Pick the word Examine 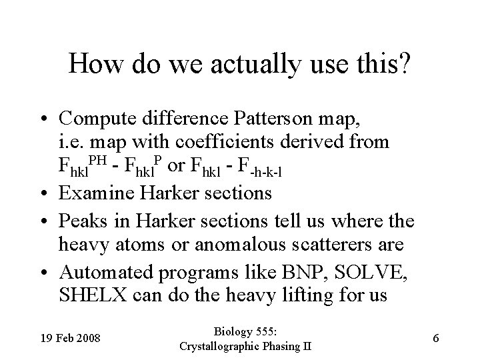pyautogui.click(x=94, y=193)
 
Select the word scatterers pyautogui.click(x=325, y=244)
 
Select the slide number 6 pyautogui.click(x=435, y=338)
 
